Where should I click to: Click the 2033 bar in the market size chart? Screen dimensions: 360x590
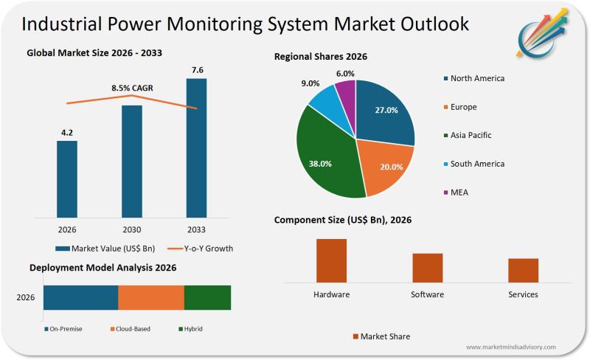tap(196, 148)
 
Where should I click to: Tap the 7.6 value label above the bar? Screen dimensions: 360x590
tap(197, 70)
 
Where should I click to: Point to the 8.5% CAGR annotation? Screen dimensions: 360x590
tap(132, 88)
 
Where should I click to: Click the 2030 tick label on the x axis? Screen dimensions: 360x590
tap(132, 229)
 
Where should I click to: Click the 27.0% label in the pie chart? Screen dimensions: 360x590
tap(386, 111)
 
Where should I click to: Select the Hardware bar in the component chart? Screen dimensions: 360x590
tap(331, 260)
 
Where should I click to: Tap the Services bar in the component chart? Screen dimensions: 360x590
tap(523, 270)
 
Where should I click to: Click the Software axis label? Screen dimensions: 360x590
tap(427, 294)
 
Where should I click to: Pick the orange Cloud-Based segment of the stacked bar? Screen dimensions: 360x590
tap(151, 297)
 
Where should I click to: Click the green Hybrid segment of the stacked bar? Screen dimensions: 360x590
tap(207, 297)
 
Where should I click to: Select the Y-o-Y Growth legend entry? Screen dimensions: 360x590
tap(198, 249)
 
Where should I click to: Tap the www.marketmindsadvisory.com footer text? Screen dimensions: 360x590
tap(511, 347)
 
